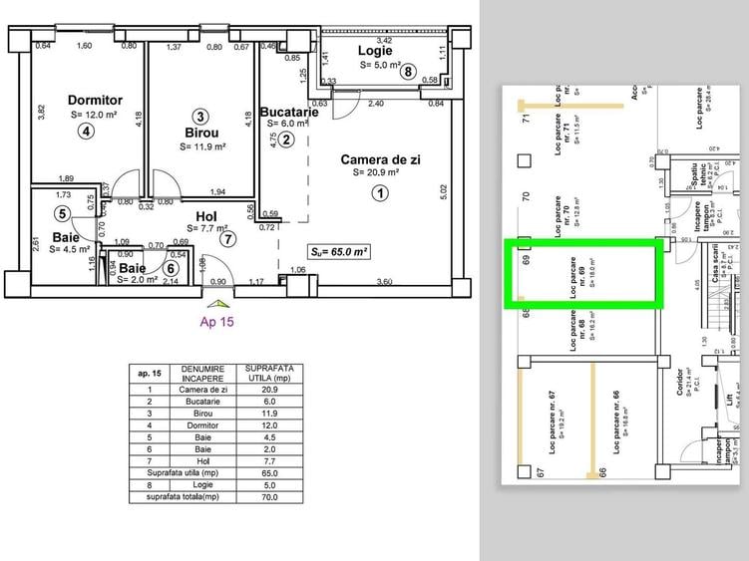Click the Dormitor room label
(x=96, y=100)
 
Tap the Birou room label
(x=201, y=132)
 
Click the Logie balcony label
(x=375, y=50)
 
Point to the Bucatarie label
(x=289, y=113)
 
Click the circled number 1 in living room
(x=379, y=194)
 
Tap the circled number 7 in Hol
(x=228, y=239)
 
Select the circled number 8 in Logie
(x=407, y=71)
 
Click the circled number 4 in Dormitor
(x=87, y=131)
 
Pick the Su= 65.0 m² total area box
(x=339, y=253)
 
